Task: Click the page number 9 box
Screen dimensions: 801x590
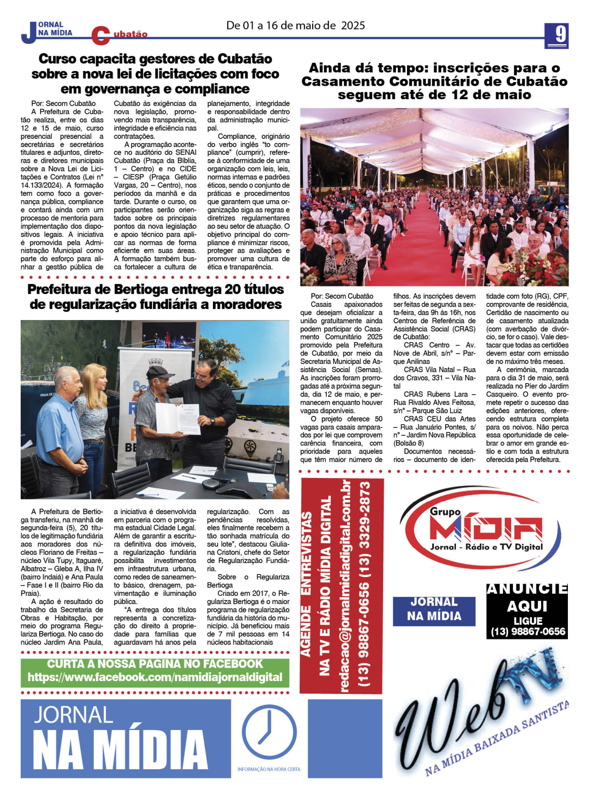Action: point(556,36)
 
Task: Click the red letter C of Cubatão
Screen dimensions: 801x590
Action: point(100,36)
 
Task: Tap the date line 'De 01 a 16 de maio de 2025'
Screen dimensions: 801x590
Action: point(295,25)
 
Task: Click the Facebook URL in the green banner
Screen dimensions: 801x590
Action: point(155,677)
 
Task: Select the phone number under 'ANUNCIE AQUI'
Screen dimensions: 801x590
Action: point(528,631)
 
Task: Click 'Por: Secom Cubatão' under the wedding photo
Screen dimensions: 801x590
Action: point(342,296)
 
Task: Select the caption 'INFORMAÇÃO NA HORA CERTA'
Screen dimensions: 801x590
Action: point(269,769)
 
